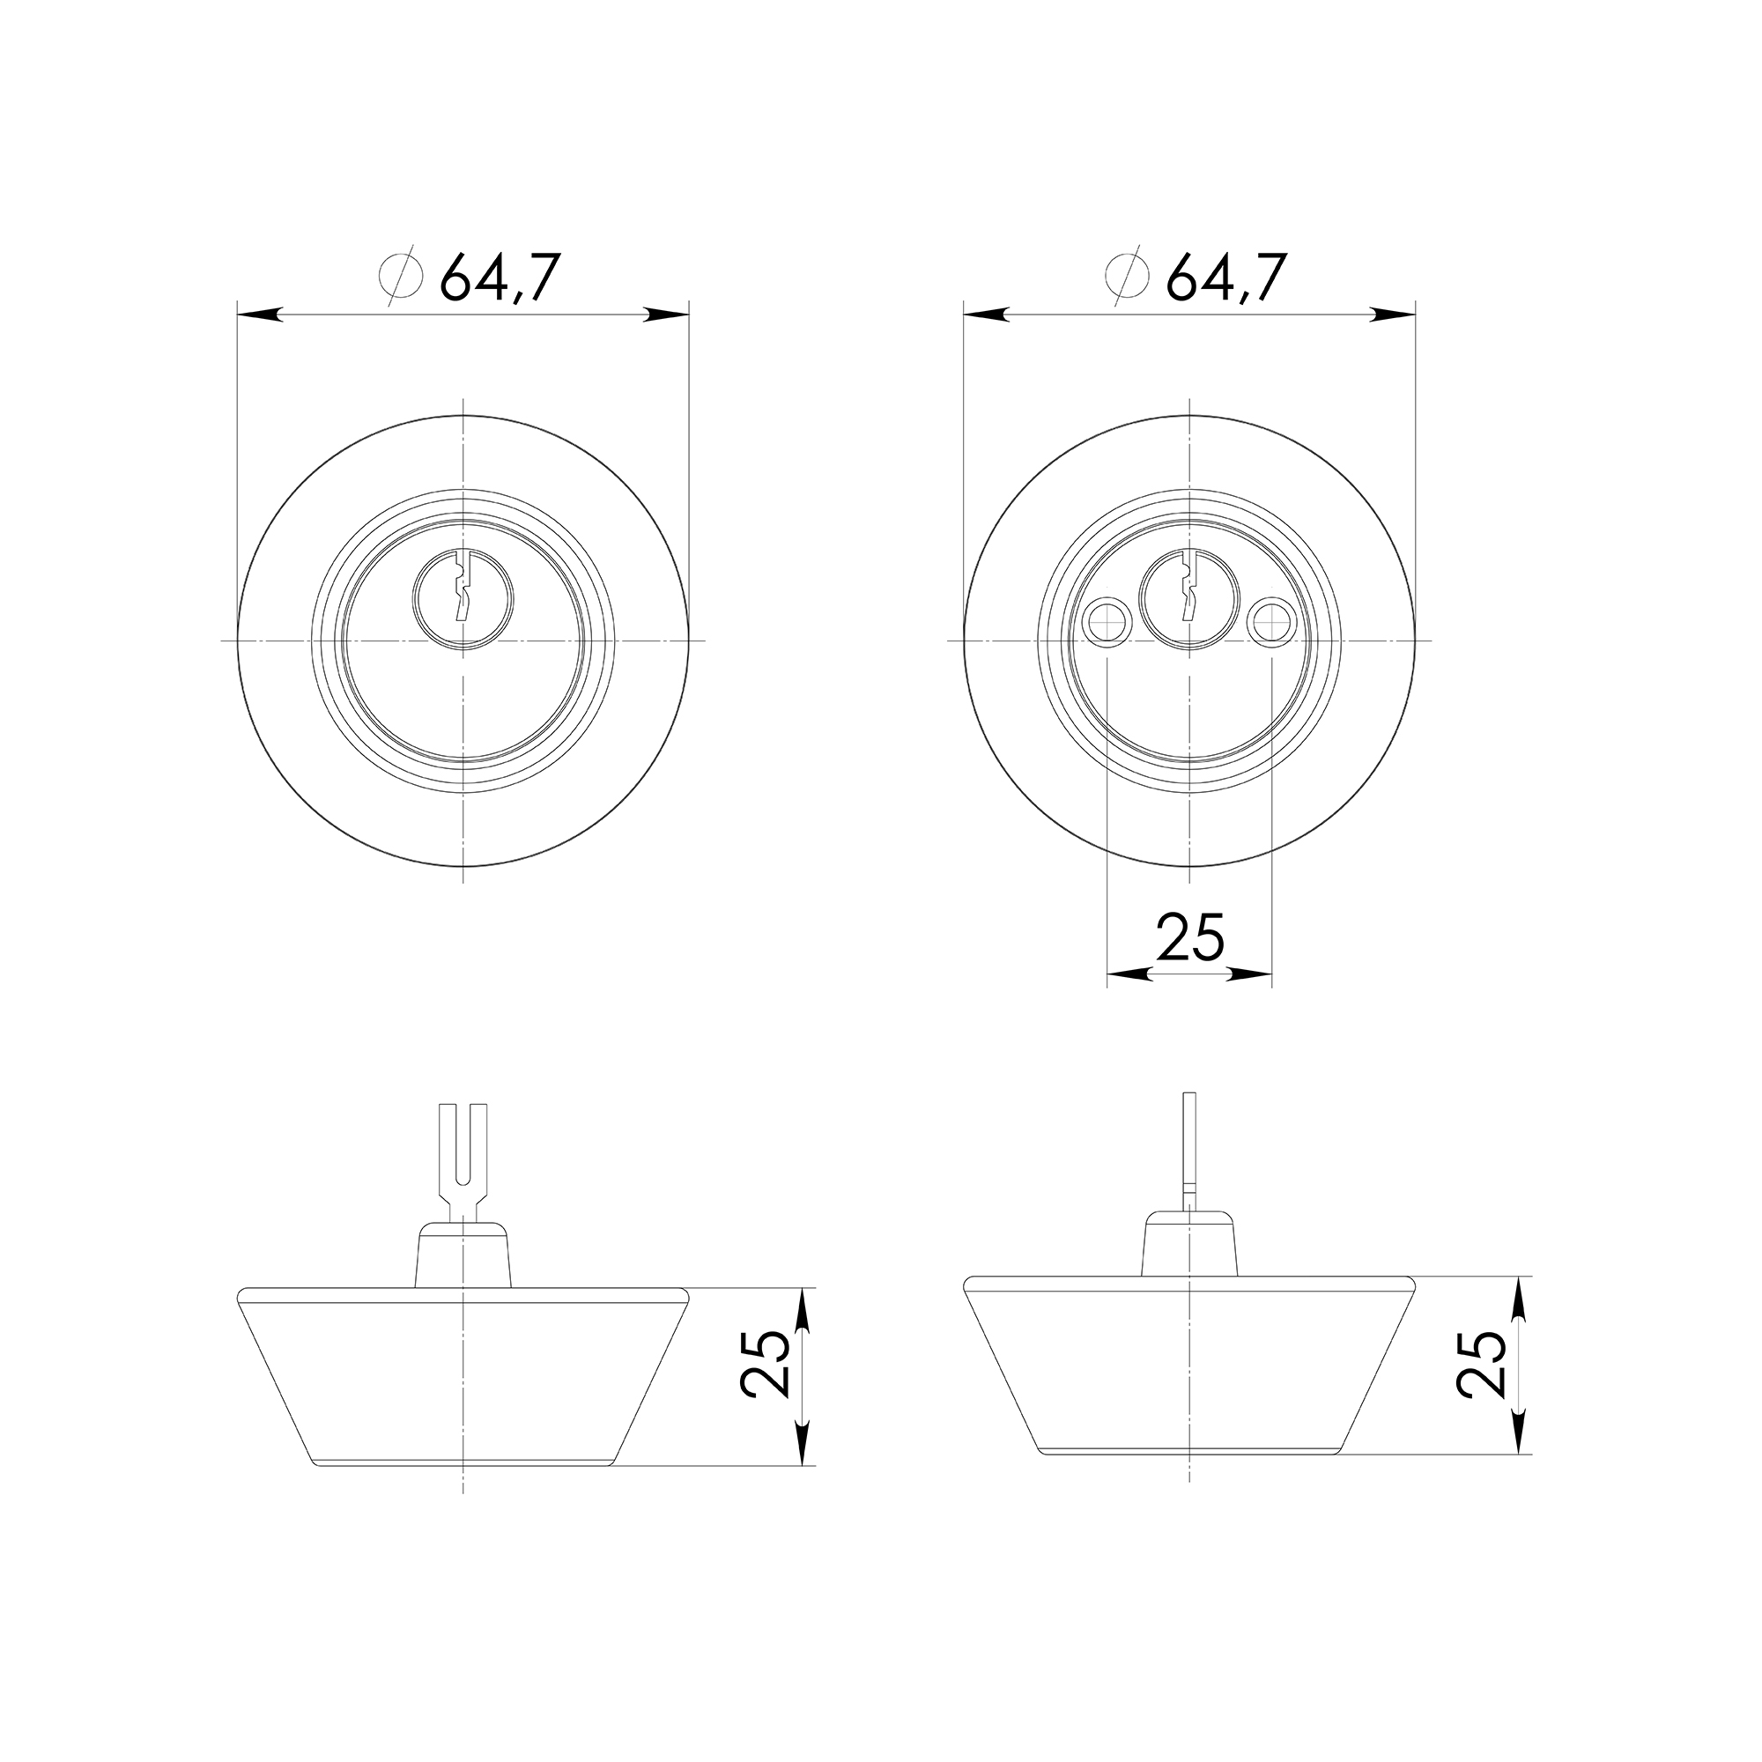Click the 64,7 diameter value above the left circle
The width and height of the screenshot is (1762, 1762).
(497, 278)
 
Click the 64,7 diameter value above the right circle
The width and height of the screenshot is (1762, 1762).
(1225, 278)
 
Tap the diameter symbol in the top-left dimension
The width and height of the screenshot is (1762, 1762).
(400, 275)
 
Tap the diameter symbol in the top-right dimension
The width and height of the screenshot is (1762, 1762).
(1129, 275)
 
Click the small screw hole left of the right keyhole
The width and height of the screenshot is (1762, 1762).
(1107, 624)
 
